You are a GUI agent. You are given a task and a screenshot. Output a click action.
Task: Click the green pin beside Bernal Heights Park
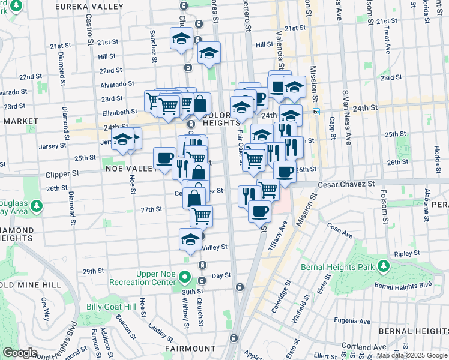coord(383,265)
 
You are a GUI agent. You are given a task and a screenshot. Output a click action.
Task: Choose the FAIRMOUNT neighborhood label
coord(190,348)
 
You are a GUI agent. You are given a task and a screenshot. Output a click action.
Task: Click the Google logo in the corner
coord(19,353)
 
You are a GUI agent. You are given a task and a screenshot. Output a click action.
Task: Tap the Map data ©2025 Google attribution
coord(412,355)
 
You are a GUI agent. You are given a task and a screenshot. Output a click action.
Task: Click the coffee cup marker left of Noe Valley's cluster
coord(164,158)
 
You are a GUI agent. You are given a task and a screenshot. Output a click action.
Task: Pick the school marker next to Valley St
coord(191,239)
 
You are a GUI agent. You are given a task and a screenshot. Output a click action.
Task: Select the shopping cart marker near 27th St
coord(202,214)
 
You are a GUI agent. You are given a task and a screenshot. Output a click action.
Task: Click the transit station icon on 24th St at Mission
coord(316,111)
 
